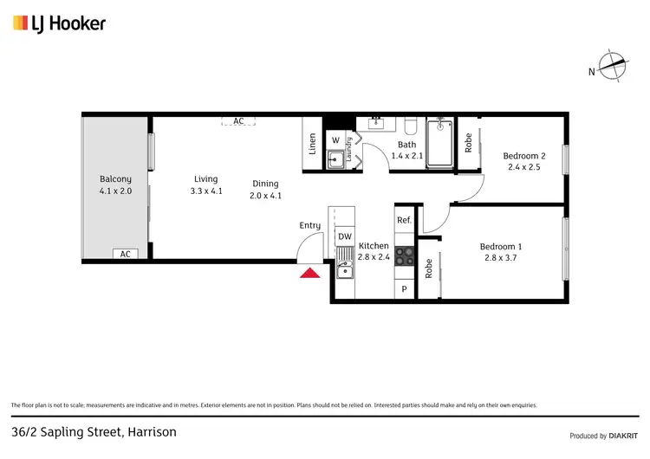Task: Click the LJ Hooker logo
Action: (59, 23)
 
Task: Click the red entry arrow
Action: (309, 274)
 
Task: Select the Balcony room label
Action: (115, 179)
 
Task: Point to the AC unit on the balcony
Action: (125, 254)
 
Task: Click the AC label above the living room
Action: (238, 121)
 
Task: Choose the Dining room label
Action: (265, 184)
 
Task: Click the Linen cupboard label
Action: (312, 144)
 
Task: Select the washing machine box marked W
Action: (335, 140)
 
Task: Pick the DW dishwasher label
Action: (344, 236)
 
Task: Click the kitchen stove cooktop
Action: (405, 255)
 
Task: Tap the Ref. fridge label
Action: (404, 221)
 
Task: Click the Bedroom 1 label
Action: (501, 246)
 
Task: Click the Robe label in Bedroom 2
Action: (469, 142)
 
